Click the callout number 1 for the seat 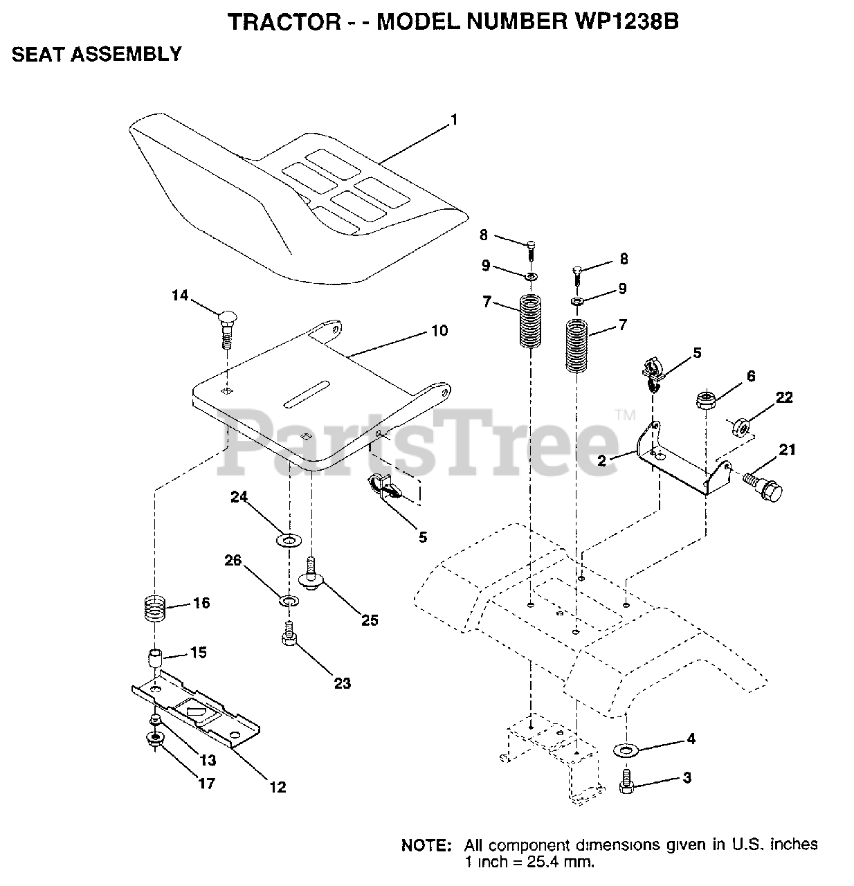(x=454, y=120)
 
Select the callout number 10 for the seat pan (x=439, y=331)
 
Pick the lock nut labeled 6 (x=705, y=400)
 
